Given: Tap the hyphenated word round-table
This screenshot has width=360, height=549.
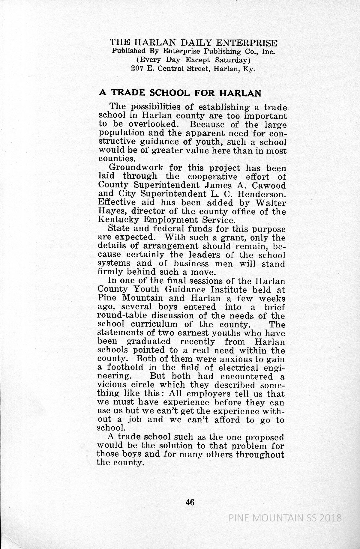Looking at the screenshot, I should click(x=123, y=316).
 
